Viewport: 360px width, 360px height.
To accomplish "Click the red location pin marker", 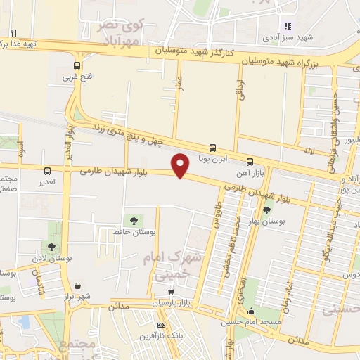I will tap(181, 165).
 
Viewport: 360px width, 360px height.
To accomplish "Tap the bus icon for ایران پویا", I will tap(213, 148).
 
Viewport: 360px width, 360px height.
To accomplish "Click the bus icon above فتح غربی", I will tap(77, 66).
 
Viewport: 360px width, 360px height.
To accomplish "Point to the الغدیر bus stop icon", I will tap(47, 171).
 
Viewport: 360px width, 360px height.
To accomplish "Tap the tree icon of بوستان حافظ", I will tap(134, 221).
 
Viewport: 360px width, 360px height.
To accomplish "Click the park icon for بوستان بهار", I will tap(266, 210).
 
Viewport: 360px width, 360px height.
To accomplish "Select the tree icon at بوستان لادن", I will tap(51, 246).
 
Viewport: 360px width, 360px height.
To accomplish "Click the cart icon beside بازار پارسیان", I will tap(170, 292).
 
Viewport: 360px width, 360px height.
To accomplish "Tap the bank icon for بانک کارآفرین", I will tap(162, 326).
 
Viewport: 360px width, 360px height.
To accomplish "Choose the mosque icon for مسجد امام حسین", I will tap(252, 311).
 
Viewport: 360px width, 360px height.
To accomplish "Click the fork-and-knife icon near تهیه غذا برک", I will tap(13, 32).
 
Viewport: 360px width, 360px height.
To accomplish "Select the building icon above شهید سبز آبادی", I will tap(287, 26).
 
